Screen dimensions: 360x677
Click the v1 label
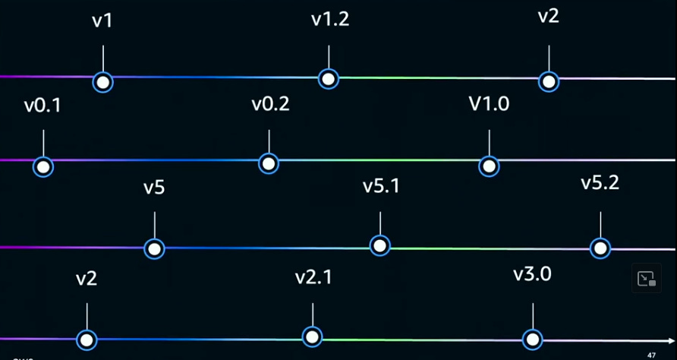(102, 21)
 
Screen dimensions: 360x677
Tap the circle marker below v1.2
(328, 78)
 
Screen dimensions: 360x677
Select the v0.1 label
(43, 106)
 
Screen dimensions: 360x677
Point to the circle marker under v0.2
(268, 163)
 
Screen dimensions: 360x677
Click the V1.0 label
(489, 104)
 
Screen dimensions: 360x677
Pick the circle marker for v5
(154, 248)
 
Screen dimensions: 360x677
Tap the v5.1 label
(381, 186)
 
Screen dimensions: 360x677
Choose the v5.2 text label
(600, 183)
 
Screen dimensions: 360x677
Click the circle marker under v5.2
(600, 248)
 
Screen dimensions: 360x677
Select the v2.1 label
(313, 277)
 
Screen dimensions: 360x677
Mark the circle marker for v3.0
(533, 339)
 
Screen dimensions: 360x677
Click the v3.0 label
(532, 274)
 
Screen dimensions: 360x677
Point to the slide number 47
(651, 354)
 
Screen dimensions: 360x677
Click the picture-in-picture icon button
(646, 279)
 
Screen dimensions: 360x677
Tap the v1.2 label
(330, 20)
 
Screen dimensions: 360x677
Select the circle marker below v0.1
(44, 166)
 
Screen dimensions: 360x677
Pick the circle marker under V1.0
(490, 166)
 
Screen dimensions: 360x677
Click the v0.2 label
(270, 104)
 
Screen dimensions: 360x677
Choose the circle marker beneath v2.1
(312, 336)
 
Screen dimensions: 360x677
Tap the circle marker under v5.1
(379, 245)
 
